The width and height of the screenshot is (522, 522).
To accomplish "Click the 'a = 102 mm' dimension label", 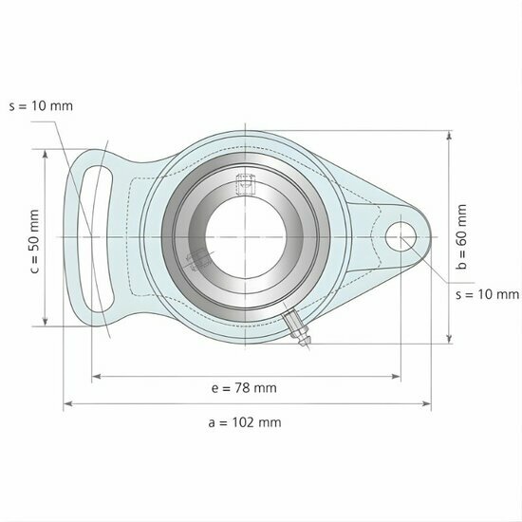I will [x=244, y=422].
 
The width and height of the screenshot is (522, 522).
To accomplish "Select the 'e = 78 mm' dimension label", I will [x=244, y=387].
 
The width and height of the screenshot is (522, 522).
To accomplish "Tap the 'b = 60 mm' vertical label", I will [x=462, y=237].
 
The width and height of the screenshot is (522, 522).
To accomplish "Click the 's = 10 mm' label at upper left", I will [x=39, y=104].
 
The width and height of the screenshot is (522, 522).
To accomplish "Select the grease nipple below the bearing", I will [x=297, y=329].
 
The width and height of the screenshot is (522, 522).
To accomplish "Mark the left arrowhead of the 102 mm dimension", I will [x=67, y=405].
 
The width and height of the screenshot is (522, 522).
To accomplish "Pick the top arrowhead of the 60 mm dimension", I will [x=448, y=136].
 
